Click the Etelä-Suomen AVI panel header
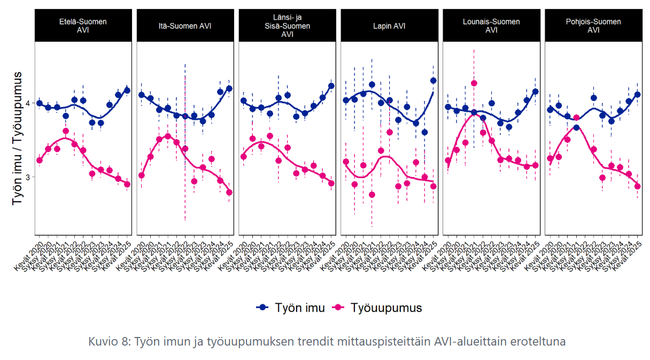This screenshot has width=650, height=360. click(83, 26)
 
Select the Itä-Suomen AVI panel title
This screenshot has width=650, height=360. click(185, 26)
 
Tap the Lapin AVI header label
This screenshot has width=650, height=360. click(389, 26)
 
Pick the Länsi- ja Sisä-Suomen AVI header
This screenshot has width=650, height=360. click(287, 26)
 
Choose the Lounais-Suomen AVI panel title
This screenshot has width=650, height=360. click(491, 26)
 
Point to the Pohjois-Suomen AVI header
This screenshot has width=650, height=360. click(593, 26)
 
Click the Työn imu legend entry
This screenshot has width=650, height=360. click(291, 308)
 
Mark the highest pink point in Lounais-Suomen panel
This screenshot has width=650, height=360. click(474, 83)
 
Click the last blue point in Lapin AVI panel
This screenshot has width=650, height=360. click(434, 80)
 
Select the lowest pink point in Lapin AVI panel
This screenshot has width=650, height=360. click(372, 195)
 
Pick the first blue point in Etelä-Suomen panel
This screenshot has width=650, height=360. click(39, 103)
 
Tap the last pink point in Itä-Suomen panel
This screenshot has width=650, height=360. click(229, 193)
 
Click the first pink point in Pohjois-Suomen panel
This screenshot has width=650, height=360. click(550, 158)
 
